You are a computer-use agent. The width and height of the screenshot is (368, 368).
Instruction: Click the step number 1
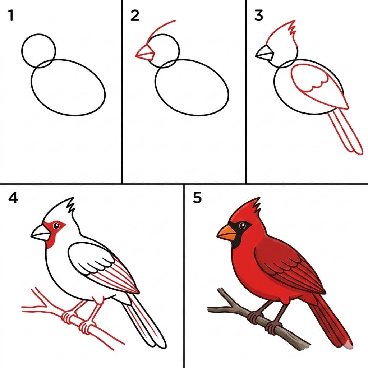coord(11,16)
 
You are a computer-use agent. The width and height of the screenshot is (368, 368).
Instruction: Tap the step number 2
coord(135,16)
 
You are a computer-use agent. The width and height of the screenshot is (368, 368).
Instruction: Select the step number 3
coord(258,16)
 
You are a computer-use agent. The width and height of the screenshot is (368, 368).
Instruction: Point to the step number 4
coord(13,198)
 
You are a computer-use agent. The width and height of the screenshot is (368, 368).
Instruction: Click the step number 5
coord(197,198)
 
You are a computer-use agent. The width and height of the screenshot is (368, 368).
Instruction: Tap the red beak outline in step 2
coord(145,53)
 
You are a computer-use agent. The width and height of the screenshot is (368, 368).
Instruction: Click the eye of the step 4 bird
coord(56,226)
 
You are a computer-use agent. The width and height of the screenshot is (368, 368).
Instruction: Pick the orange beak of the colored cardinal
coord(226,233)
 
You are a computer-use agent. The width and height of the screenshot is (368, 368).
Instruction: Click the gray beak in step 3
coord(265,54)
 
